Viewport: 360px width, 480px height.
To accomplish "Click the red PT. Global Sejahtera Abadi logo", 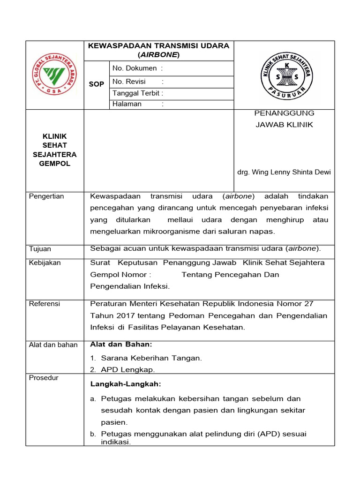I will click(52, 75).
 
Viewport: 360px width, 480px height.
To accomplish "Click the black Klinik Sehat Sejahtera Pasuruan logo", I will click(284, 75).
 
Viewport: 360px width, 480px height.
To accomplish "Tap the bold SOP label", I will click(96, 84).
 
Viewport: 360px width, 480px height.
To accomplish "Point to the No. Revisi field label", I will click(129, 82).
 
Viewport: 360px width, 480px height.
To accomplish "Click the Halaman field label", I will click(127, 104).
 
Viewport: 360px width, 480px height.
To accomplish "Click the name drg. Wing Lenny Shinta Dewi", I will click(284, 172).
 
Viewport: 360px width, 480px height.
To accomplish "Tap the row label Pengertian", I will click(46, 196).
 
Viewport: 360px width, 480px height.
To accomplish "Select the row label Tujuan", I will click(40, 249).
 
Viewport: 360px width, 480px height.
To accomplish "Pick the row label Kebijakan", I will click(45, 262).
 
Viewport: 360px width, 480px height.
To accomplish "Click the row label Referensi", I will click(45, 304).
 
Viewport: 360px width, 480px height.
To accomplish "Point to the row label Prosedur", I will click(44, 378).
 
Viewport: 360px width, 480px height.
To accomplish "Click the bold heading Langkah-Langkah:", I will click(125, 384).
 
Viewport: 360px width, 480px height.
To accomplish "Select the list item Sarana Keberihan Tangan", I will click(151, 358).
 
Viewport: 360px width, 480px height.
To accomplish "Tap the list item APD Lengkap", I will click(127, 370).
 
